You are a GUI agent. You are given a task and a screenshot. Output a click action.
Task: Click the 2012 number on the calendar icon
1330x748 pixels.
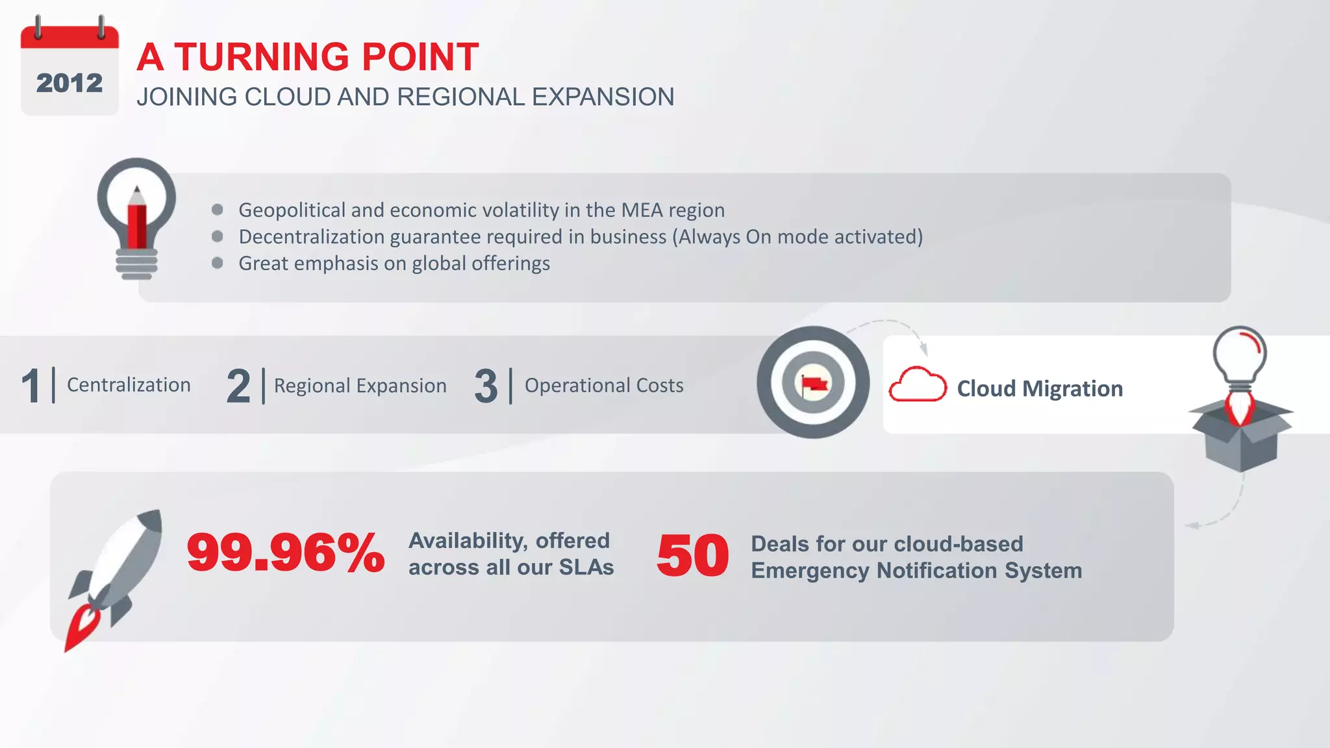point(69,83)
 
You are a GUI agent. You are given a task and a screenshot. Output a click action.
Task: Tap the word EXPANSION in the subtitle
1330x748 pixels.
point(603,97)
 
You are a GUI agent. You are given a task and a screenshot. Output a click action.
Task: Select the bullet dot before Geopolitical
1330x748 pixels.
point(218,210)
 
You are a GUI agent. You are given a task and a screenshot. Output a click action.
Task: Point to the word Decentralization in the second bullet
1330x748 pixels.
point(312,237)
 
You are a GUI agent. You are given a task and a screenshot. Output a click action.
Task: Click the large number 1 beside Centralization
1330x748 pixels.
point(31,386)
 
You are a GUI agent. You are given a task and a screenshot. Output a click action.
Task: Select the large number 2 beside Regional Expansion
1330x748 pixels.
point(238,386)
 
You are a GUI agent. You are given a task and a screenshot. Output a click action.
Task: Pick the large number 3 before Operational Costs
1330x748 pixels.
point(486,386)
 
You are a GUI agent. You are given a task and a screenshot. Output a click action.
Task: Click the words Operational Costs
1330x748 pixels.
point(604,386)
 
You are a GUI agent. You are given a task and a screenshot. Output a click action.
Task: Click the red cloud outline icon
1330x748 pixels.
point(917,385)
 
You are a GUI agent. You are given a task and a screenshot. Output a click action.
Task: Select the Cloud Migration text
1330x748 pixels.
point(1040,389)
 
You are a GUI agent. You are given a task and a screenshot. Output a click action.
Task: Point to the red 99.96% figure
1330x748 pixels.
point(286,553)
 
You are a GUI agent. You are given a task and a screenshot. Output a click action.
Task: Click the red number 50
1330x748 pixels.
point(692,556)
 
